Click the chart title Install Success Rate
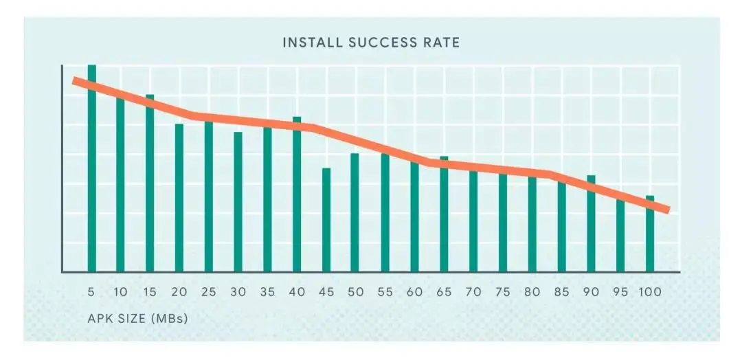coord(371,43)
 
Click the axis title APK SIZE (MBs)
coord(137,319)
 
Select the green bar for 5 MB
coord(91,172)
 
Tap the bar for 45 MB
coord(326,220)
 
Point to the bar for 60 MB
coord(414,217)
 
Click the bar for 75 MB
coord(503,223)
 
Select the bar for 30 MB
coord(238,202)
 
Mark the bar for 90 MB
coord(591,224)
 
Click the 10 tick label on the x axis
coord(120,292)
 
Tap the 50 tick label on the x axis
coord(356,292)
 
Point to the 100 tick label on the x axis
coord(649,292)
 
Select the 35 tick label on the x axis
coord(267,292)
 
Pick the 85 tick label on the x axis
coord(561,292)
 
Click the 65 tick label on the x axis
coord(444,292)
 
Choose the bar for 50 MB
coord(355,213)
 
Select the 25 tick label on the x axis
coord(209,292)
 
